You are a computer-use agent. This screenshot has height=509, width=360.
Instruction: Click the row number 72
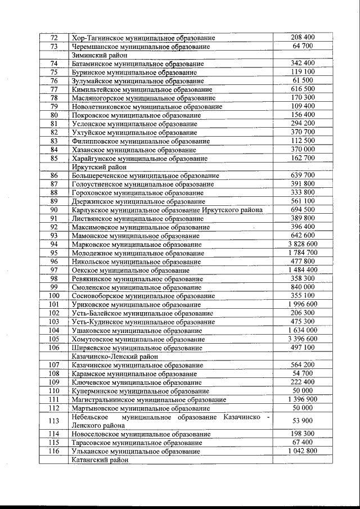tap(54, 38)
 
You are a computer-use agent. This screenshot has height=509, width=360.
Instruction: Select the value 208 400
tap(303, 37)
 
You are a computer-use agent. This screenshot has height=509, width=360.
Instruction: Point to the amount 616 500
tap(303, 89)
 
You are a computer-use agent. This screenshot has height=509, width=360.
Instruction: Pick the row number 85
tap(54, 159)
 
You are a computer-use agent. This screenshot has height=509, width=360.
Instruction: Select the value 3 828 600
tap(303, 244)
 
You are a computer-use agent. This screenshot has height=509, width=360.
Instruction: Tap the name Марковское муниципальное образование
tap(137, 245)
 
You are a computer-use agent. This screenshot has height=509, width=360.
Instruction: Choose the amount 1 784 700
tap(303, 253)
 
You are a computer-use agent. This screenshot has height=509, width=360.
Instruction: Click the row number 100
tap(54, 296)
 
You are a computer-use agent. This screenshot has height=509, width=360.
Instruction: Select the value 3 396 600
tap(303, 339)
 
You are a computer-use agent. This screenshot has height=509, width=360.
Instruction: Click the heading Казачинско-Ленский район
tap(113, 357)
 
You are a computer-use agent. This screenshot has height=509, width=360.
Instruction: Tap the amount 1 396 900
tap(303, 399)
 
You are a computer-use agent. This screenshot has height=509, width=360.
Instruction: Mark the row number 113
tap(54, 421)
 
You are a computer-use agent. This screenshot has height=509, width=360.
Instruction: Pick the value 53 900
tap(303, 421)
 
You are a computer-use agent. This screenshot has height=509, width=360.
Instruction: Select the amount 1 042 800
tap(303, 451)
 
